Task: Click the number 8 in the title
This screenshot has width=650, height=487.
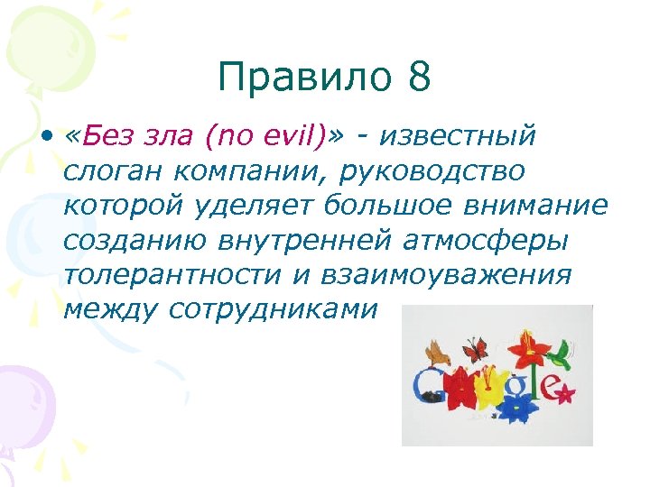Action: point(418,78)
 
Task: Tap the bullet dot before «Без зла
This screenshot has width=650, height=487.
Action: point(44,137)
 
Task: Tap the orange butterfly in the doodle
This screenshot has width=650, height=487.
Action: point(475,348)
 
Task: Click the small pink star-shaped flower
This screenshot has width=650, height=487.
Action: point(567,393)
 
